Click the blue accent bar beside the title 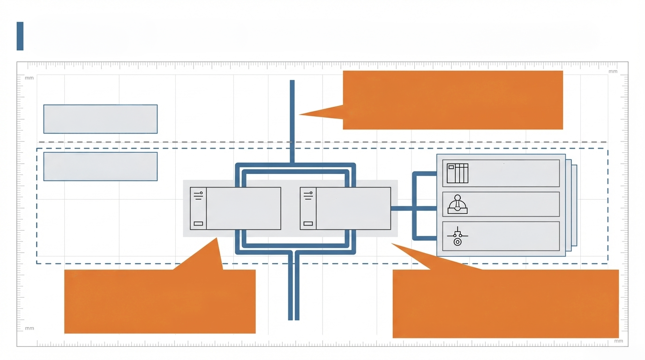coord(20,36)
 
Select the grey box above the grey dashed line coord(100,119)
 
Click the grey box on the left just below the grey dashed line coord(100,166)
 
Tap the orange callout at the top coord(452,100)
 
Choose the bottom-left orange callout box coord(159,301)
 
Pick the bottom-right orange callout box coord(505,303)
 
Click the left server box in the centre coord(243,209)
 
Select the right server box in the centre coord(353,209)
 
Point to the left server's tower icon coord(198,209)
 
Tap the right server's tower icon coord(308,209)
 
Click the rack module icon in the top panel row coord(457,173)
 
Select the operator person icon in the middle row coord(457,204)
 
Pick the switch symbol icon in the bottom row coord(457,236)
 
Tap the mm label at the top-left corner coord(29,78)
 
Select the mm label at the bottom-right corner coord(619,341)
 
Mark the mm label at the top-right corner coord(613,71)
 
